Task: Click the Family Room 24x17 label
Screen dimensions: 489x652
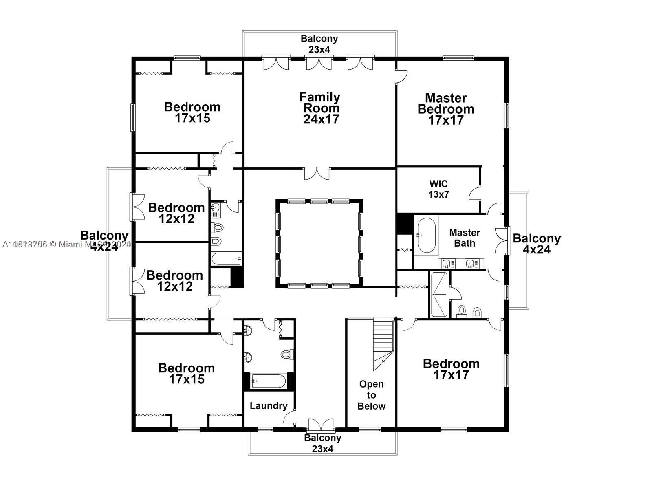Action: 320,108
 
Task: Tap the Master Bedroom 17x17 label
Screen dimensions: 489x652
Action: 446,109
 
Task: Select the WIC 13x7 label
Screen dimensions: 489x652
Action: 438,189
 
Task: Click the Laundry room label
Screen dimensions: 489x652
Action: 268,406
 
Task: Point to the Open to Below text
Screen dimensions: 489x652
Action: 371,395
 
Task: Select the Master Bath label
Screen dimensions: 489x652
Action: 465,238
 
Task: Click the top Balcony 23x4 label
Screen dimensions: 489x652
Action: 319,44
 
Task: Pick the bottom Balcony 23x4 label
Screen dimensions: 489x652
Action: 322,443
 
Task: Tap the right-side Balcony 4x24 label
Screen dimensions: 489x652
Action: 537,244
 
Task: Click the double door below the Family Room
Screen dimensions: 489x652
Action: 317,173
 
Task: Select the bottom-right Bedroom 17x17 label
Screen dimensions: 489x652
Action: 451,369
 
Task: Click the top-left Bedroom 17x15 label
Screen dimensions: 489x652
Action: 192,112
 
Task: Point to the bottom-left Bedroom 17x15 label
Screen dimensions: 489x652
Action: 186,374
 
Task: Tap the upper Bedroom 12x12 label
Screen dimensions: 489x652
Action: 176,213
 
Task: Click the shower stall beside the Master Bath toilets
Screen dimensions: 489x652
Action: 439,295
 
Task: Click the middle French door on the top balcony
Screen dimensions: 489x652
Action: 319,63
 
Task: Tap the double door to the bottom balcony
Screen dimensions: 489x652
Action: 321,425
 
